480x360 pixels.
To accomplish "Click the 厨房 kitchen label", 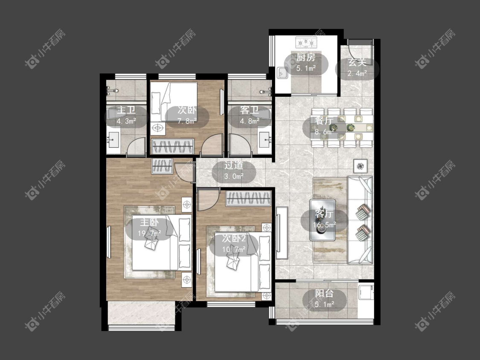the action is [306, 57].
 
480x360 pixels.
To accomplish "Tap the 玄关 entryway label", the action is [357, 62].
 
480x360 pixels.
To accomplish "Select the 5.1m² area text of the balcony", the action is [324, 304].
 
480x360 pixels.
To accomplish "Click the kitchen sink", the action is [282, 73].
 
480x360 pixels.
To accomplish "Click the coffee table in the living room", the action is [323, 220].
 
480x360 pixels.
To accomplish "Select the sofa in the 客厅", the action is [360, 220].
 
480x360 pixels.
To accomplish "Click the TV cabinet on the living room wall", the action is [282, 233].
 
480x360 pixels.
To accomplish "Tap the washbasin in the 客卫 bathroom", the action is [265, 140].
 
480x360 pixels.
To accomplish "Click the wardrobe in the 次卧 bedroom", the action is [173, 146].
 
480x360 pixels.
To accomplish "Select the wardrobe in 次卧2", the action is [249, 198].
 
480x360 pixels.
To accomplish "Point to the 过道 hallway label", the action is [233, 165].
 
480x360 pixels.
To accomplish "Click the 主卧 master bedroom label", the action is [149, 222].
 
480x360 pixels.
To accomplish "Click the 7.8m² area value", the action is [187, 121].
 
